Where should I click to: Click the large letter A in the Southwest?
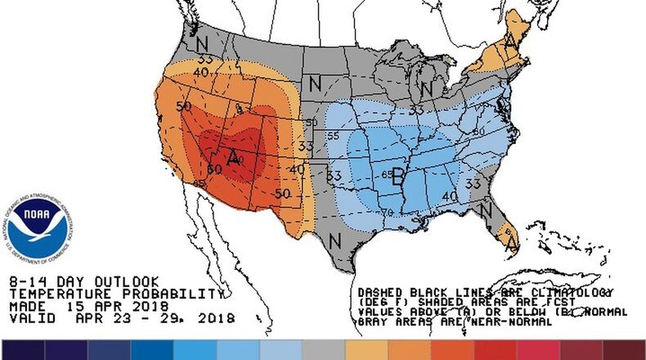coord(234,157)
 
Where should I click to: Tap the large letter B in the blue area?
coord(399,175)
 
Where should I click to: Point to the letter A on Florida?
coord(512,242)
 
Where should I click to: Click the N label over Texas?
coord(334,241)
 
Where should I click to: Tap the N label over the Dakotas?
coord(314,83)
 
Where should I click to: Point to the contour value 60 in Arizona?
coord(214,169)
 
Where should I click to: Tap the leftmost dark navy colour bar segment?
coord(22,349)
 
